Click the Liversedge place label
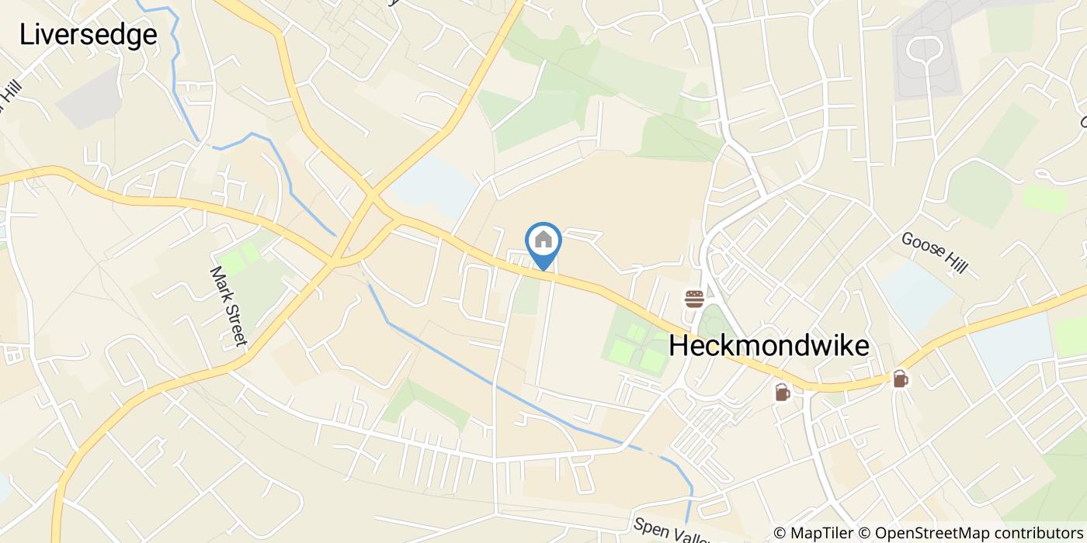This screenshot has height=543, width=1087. (x=88, y=35)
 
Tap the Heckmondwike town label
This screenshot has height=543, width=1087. (x=769, y=346)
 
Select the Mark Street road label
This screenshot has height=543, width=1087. (x=228, y=306)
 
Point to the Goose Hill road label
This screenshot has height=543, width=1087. (x=934, y=252)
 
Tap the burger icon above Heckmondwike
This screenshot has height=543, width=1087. (x=693, y=298)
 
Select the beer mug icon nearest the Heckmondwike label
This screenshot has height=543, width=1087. (x=782, y=393)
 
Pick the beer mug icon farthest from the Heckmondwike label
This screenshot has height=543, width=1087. (x=900, y=379)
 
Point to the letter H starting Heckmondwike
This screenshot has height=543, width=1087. (x=678, y=346)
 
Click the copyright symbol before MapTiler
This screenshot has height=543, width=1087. (x=780, y=533)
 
